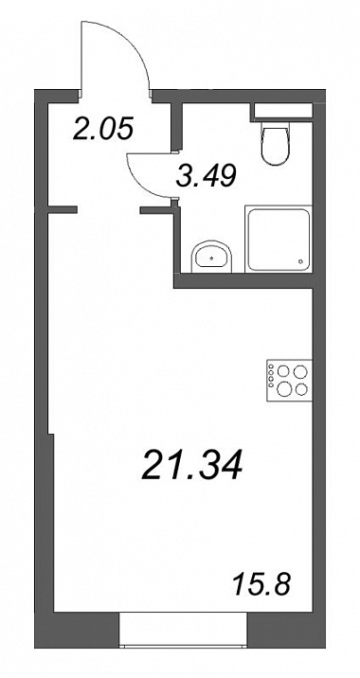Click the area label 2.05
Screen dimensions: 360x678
click(x=102, y=128)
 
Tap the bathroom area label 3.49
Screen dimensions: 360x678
click(x=207, y=175)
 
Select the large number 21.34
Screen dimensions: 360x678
click(x=191, y=465)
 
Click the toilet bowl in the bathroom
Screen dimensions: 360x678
click(x=275, y=144)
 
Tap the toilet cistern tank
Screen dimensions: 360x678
click(x=283, y=110)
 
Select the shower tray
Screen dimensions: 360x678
click(x=279, y=240)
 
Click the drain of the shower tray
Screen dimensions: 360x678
click(x=301, y=260)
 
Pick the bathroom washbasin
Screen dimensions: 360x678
click(x=212, y=257)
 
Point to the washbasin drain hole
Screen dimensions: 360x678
click(x=211, y=259)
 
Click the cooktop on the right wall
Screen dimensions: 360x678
click(x=289, y=380)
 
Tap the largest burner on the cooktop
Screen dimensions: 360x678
click(x=284, y=389)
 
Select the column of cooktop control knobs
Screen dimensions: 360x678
click(x=271, y=375)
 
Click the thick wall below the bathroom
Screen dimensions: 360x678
click(x=243, y=281)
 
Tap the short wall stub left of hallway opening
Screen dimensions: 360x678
click(x=62, y=210)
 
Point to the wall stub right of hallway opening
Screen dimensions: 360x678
click(x=157, y=210)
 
